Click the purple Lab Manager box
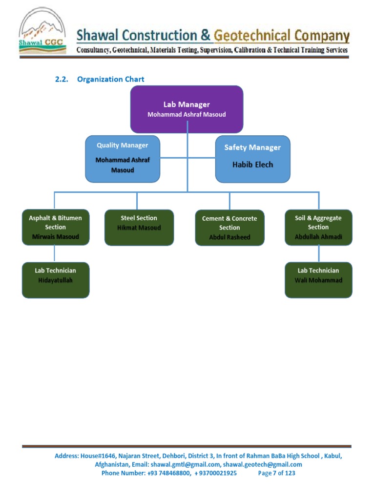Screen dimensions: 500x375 (x=187, y=109)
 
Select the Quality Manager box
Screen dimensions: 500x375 (x=122, y=159)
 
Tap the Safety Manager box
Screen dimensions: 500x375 (x=252, y=159)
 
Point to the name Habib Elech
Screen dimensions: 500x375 (x=252, y=165)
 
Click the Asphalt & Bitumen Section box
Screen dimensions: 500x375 (x=55, y=227)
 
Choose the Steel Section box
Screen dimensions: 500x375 (x=139, y=227)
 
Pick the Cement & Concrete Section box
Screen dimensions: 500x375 (x=229, y=228)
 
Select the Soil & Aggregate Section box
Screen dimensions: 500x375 (x=318, y=227)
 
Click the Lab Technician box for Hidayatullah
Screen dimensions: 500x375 (x=55, y=280)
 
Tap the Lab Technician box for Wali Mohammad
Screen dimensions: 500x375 (x=318, y=280)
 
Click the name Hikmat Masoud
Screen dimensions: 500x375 (x=139, y=228)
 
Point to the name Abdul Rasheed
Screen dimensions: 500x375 (x=229, y=237)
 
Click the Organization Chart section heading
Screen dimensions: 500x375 (x=110, y=79)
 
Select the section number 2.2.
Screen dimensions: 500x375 (x=61, y=79)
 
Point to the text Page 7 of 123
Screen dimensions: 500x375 (x=276, y=473)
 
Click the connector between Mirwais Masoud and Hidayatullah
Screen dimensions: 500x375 (x=54, y=253)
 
